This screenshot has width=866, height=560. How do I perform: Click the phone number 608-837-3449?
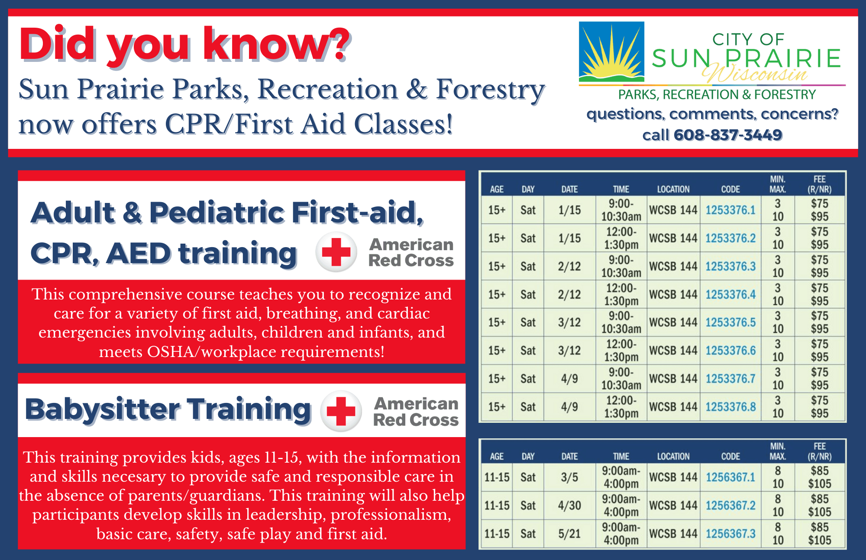[x=727, y=135]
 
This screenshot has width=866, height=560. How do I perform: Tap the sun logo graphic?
[x=611, y=52]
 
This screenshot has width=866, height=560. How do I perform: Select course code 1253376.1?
[x=730, y=210]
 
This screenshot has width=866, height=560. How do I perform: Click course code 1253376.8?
[x=730, y=407]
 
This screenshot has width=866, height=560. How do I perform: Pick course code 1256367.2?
[x=730, y=505]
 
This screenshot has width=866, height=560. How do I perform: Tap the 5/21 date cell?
[x=569, y=534]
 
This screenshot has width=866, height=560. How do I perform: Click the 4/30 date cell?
[x=569, y=505]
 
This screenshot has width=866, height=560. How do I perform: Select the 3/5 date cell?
[x=569, y=477]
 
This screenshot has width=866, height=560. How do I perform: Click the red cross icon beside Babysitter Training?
[x=341, y=411]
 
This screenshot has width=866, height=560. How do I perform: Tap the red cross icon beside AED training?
[x=336, y=252]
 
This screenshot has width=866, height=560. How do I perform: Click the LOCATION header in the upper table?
[x=673, y=190]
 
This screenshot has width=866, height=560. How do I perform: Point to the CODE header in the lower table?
[x=730, y=457]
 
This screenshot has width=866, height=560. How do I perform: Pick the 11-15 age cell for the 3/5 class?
[x=497, y=477]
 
